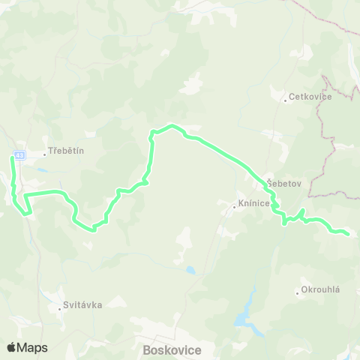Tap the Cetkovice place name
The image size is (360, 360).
(x=304, y=97)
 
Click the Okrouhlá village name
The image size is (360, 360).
(x=321, y=290)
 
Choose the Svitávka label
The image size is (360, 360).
(x=84, y=304)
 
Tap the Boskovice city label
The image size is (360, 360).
(x=170, y=349)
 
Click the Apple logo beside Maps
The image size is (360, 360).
(x=11, y=347)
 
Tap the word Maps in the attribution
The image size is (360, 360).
(x=32, y=347)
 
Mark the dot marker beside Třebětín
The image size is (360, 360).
(x=46, y=154)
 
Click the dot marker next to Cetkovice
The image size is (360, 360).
(x=285, y=100)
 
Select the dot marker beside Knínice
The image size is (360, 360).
(x=234, y=205)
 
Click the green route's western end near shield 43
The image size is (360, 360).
(x=13, y=157)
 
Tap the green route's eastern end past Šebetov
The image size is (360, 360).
(x=348, y=234)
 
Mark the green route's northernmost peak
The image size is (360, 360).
(x=172, y=125)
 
